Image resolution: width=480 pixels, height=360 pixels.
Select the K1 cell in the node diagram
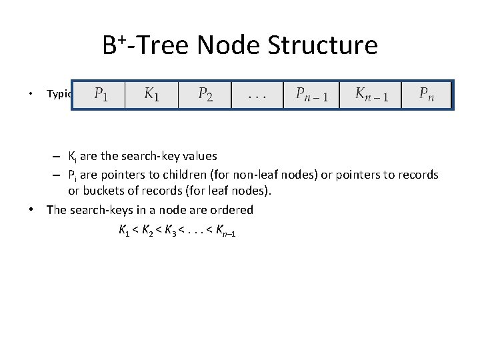pyautogui.click(x=152, y=95)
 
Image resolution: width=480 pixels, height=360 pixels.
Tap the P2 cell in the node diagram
pyautogui.click(x=205, y=95)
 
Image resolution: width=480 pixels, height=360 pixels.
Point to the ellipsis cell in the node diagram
pyautogui.click(x=257, y=95)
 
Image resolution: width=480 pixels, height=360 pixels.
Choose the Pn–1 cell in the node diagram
pyautogui.click(x=311, y=95)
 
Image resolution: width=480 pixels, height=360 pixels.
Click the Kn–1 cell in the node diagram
pyautogui.click(x=369, y=95)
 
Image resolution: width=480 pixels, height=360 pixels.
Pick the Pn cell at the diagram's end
pyautogui.click(x=427, y=95)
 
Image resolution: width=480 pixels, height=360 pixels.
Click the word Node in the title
pyautogui.click(x=231, y=45)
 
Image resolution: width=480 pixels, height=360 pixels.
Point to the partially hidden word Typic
pyautogui.click(x=59, y=94)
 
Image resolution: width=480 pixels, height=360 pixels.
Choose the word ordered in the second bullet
pyautogui.click(x=231, y=210)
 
